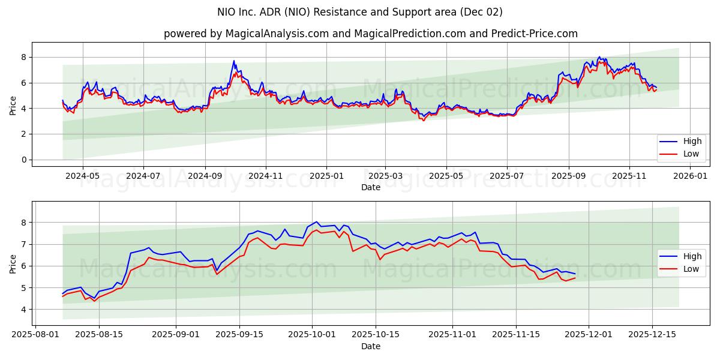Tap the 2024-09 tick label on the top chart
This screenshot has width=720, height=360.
(x=205, y=176)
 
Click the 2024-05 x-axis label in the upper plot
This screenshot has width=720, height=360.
(x=82, y=176)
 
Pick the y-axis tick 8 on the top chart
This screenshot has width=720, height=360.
(x=25, y=57)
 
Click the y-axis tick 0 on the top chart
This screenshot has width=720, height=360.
(x=25, y=160)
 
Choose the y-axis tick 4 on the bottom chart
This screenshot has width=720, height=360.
(x=25, y=310)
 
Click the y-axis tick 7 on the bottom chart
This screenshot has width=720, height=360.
(x=25, y=244)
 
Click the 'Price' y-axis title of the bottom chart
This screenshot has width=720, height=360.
(x=13, y=263)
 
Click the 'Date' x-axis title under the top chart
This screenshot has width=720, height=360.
(x=371, y=187)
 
